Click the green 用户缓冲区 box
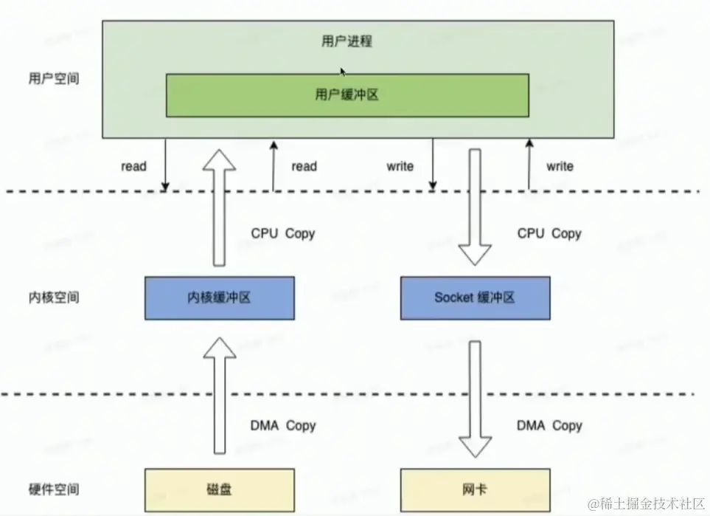click(347, 95)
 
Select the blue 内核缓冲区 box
click(219, 298)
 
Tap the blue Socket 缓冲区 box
click(475, 298)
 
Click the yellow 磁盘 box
click(219, 490)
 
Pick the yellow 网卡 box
click(475, 490)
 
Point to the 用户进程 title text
click(347, 41)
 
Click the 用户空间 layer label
click(52, 79)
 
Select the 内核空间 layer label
click(52, 297)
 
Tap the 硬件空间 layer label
click(52, 489)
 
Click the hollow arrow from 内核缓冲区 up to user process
click(220, 207)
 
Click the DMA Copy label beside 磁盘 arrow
click(283, 426)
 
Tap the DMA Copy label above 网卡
click(549, 426)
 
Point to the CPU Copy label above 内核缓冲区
click(283, 234)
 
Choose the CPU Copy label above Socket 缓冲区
click(549, 234)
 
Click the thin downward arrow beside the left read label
click(166, 164)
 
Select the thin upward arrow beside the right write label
click(529, 164)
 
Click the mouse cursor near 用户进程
click(343, 72)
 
